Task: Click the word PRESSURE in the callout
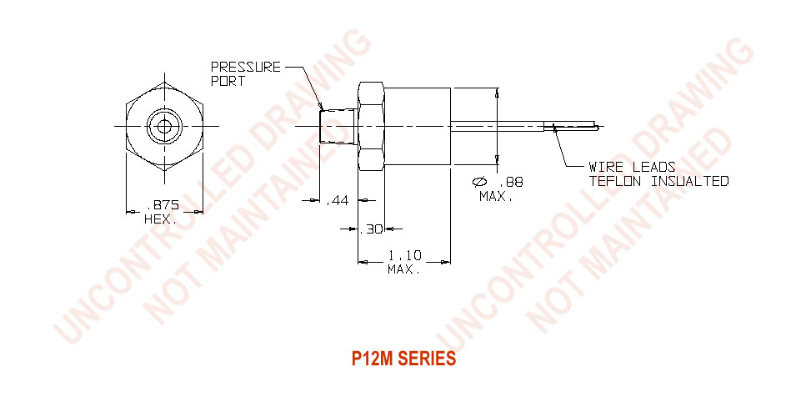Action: coord(246,67)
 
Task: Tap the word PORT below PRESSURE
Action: coord(228,81)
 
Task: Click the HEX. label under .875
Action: coord(161,220)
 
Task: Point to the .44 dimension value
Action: coord(337,202)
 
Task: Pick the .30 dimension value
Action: coord(371,229)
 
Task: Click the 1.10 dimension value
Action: coord(404,255)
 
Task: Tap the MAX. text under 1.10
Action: coord(404,269)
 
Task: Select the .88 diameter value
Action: coord(511,183)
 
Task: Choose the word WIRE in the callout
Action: coord(605,167)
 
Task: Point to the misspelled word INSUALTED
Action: coord(690,181)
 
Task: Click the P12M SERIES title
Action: coord(403,359)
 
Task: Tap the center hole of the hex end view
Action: coord(164,126)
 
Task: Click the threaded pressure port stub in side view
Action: coord(339,125)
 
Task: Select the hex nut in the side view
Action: coord(371,126)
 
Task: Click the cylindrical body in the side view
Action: coord(418,126)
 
